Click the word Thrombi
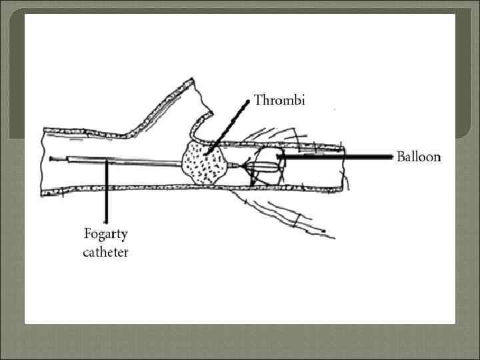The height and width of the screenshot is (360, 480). point(279,102)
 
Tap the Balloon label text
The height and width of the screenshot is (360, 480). point(419,157)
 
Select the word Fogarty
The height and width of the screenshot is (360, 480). point(105,235)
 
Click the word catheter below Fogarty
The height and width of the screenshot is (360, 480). point(105,252)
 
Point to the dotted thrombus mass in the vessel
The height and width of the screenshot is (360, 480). point(204,163)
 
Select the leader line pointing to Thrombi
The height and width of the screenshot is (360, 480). point(230,127)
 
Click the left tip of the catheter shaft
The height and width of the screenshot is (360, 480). point(51,159)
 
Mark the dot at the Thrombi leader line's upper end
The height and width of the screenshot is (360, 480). point(249,101)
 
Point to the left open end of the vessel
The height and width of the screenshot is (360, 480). point(43,161)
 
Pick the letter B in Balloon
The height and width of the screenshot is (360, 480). point(401,157)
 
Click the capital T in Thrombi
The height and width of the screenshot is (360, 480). point(259,102)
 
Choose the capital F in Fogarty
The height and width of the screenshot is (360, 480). point(87,234)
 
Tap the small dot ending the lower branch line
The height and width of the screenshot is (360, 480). point(323,231)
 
